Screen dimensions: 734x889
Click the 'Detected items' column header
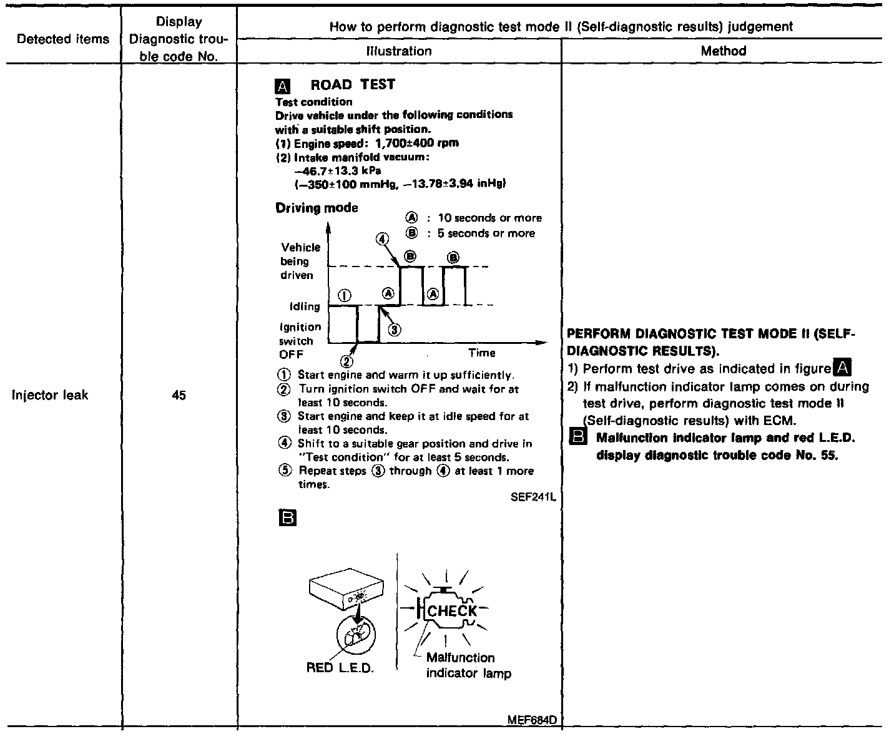pos(62,39)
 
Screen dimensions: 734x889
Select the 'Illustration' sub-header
pos(398,51)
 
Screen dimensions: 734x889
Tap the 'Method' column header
pos(723,51)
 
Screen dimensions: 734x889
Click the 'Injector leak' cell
pos(50,395)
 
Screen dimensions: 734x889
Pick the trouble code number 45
pos(179,395)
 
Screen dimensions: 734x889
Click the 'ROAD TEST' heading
pos(353,85)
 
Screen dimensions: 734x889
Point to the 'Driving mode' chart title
pos(317,208)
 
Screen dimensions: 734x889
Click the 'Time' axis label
pos(481,353)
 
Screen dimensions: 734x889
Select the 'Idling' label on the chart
pos(304,306)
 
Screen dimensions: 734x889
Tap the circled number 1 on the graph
pos(345,295)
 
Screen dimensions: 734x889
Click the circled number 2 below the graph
pos(347,361)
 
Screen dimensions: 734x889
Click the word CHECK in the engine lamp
pos(452,611)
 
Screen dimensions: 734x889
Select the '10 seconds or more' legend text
pos(489,218)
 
